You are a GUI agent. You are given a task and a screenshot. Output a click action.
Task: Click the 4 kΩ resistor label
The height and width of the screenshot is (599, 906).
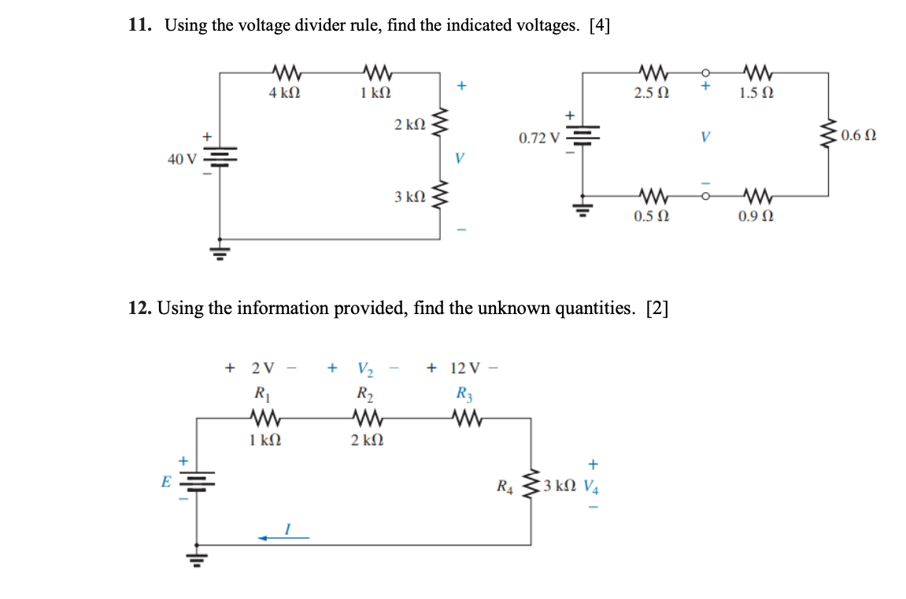pos(284,93)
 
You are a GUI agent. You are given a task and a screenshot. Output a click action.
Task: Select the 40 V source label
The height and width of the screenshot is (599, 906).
pos(183,160)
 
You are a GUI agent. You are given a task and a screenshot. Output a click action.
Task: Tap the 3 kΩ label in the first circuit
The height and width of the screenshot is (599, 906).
pos(410,196)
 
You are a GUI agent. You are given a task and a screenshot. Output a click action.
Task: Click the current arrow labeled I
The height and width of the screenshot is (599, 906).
pos(283,538)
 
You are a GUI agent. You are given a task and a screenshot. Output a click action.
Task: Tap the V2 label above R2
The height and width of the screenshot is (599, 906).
pos(365,368)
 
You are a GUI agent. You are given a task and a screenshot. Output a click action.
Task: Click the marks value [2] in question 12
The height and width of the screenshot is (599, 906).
pos(656,308)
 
